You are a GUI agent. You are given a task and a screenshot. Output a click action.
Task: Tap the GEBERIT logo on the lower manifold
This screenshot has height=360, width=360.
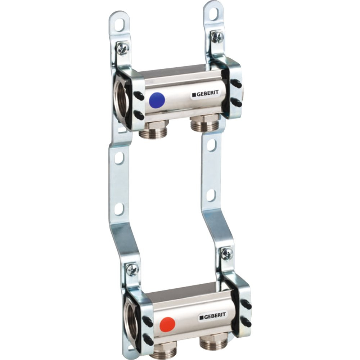tap(212, 317)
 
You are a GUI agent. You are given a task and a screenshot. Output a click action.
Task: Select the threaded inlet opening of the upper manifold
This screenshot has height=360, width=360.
tap(121, 99)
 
